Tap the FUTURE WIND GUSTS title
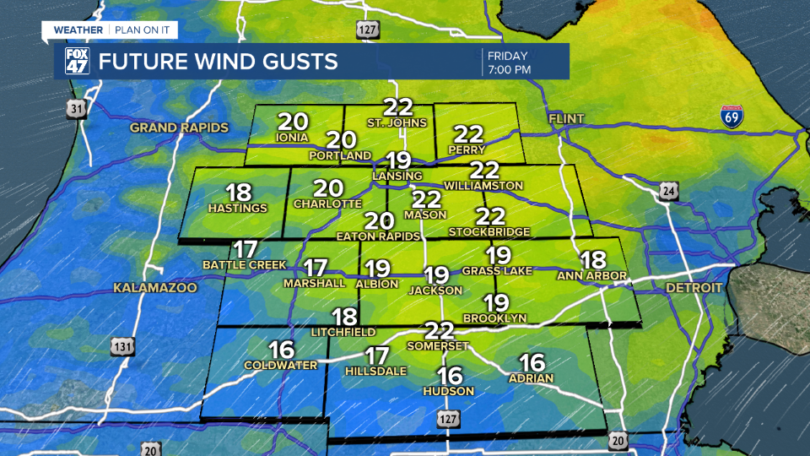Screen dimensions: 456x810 point(218,62)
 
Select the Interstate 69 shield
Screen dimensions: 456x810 point(732,117)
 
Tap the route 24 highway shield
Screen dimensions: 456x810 point(670,193)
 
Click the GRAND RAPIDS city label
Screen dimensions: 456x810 point(179,128)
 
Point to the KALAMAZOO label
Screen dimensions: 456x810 point(155,288)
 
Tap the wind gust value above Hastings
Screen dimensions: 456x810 point(240,193)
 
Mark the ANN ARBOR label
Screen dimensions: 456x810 point(591,275)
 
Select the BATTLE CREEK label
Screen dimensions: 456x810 point(245,264)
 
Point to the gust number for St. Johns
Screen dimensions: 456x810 point(397,107)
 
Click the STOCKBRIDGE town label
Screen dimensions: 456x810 point(489,231)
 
